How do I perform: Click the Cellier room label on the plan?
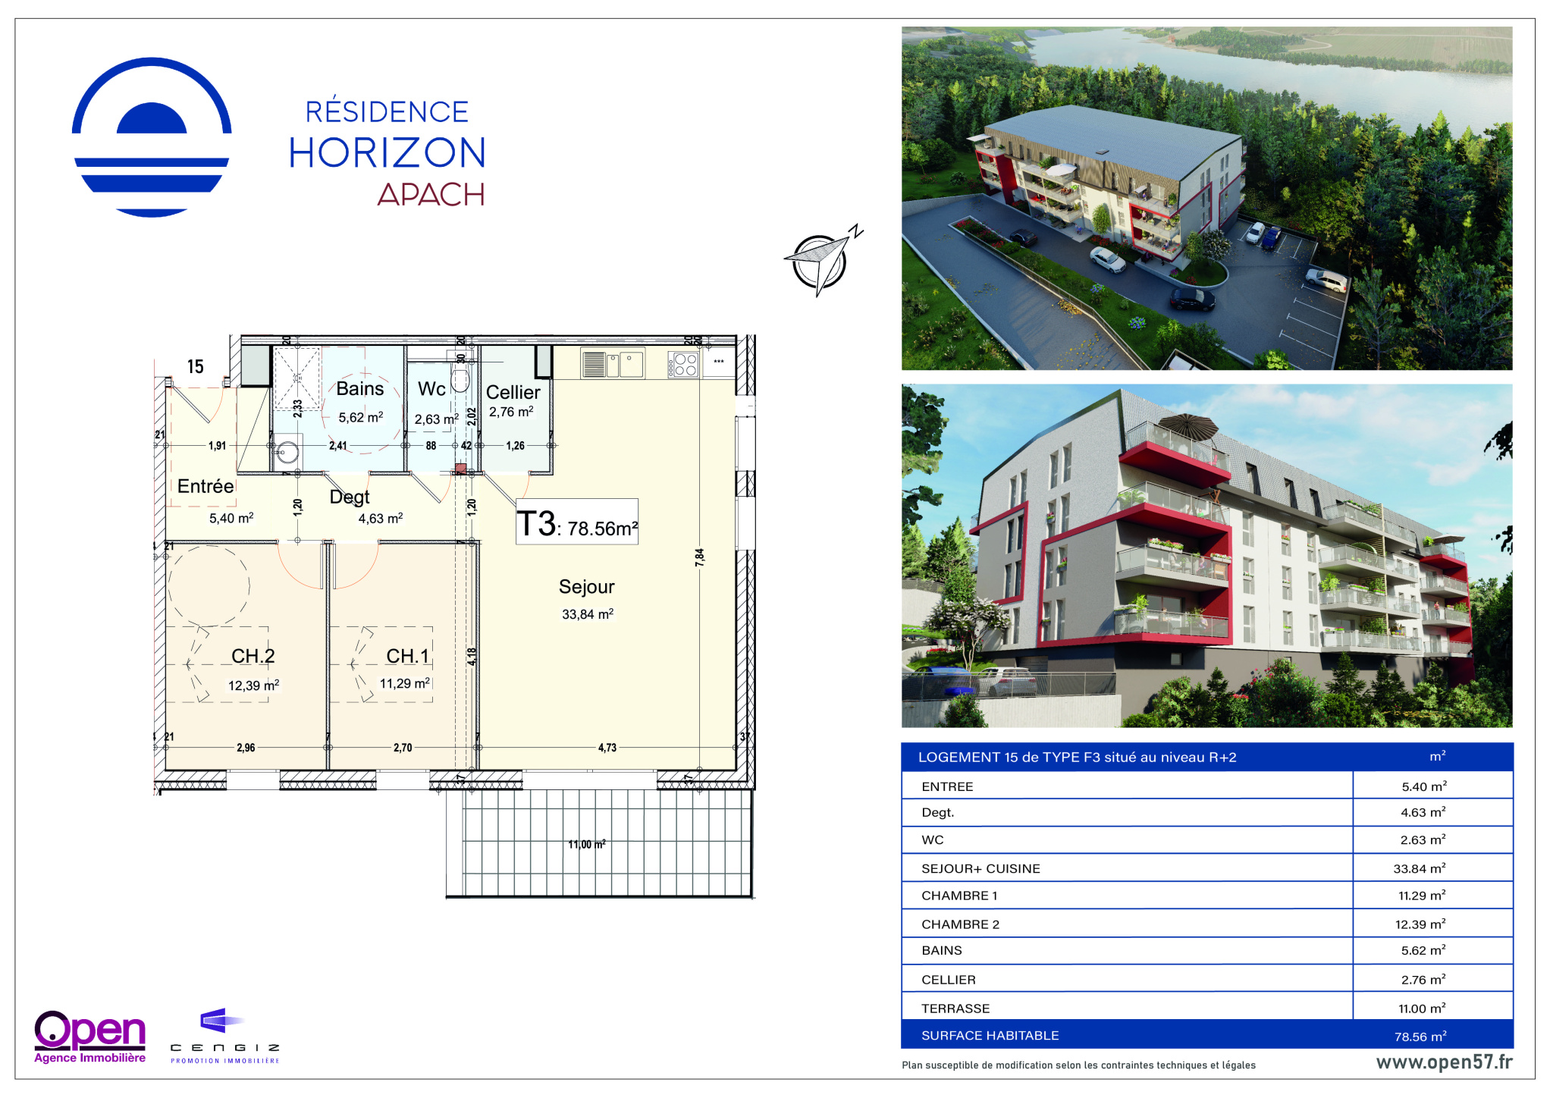[513, 392]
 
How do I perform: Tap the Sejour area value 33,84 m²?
[588, 614]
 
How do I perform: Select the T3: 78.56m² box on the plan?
[577, 522]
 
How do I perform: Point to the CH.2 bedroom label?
[253, 656]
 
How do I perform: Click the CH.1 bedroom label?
[408, 656]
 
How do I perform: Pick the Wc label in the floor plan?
[431, 389]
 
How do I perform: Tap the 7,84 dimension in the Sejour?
[699, 557]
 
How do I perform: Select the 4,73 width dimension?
[607, 748]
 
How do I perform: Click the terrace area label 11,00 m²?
[587, 844]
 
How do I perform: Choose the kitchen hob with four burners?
[683, 365]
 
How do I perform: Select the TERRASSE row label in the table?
[955, 1009]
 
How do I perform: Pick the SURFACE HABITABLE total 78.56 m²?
[1420, 1036]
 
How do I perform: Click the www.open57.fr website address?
[1444, 1062]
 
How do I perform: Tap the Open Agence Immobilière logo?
[90, 1037]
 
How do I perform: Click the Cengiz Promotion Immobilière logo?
[224, 1036]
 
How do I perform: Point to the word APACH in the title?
[431, 195]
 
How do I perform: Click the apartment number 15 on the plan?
[196, 367]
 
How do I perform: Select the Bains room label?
[360, 389]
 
